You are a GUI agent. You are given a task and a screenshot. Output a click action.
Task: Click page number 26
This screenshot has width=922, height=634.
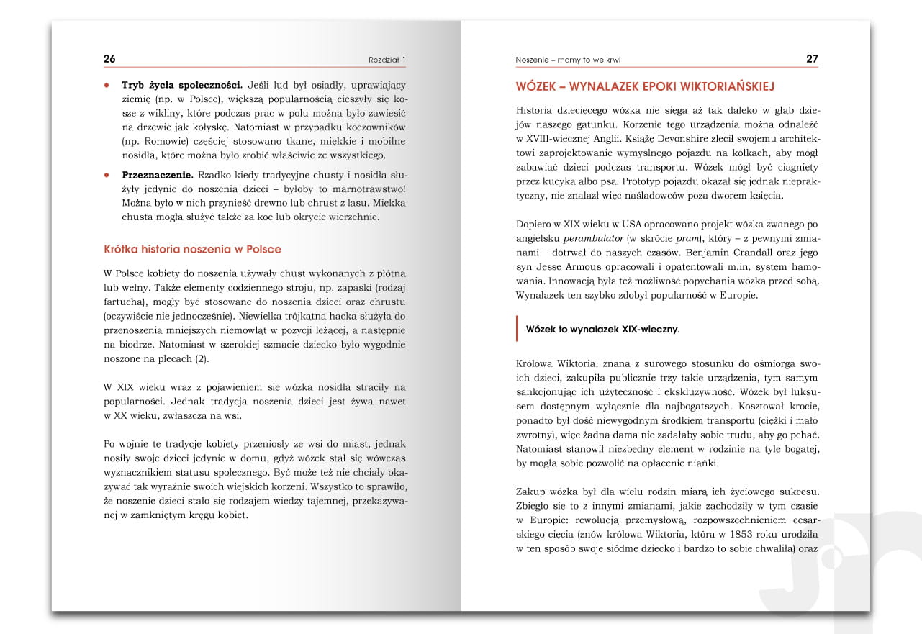[109, 59]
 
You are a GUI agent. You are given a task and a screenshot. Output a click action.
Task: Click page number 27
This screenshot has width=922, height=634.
[812, 59]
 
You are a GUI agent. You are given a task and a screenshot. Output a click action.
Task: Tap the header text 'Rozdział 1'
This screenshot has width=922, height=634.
[387, 60]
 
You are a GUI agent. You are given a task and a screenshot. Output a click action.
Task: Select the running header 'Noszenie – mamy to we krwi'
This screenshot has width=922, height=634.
[568, 60]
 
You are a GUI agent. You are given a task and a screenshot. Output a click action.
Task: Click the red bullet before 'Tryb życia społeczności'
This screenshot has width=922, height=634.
[107, 85]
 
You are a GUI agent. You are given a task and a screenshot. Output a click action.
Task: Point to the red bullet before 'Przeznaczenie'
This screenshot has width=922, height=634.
[107, 175]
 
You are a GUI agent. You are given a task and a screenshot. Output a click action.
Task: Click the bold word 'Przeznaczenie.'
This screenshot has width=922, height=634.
[158, 174]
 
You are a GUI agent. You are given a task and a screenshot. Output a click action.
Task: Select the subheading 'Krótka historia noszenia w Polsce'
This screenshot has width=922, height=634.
[192, 249]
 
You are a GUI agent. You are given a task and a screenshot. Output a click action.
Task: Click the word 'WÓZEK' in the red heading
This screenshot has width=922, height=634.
[539, 86]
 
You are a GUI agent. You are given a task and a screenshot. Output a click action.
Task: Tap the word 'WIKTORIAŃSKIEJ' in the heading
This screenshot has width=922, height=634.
[725, 86]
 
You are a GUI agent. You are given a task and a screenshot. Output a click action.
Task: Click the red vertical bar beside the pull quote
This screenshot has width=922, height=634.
[518, 329]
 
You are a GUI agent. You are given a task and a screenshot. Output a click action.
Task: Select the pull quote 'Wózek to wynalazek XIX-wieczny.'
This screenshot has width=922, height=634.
[602, 330]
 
